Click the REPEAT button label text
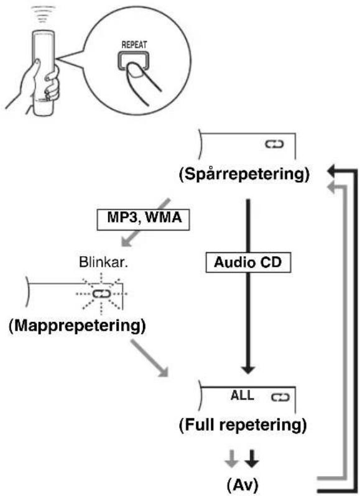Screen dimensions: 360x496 pos(134,45)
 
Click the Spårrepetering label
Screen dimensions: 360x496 pos(244,173)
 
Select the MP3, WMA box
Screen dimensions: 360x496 pos(143,219)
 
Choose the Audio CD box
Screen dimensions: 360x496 pos(248,262)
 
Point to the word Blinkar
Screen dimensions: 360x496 pos(103,262)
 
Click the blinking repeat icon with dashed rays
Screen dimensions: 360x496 pos(101,294)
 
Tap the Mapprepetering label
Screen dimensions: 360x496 pos(77,326)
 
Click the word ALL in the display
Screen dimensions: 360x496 pos(242,395)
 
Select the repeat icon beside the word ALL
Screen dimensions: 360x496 pos(280,397)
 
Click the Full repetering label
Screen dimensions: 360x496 pos(243,425)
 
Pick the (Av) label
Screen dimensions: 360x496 pos(242,484)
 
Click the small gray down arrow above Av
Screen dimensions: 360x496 pos(231,459)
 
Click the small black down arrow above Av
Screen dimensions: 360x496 pos(252,459)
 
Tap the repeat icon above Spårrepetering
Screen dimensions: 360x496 pos(274,144)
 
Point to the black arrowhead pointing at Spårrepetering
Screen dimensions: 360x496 pos(331,172)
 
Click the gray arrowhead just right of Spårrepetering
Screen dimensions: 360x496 pos(331,186)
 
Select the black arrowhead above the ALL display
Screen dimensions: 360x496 pos(248,370)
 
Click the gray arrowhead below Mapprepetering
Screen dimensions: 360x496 pos(164,372)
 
